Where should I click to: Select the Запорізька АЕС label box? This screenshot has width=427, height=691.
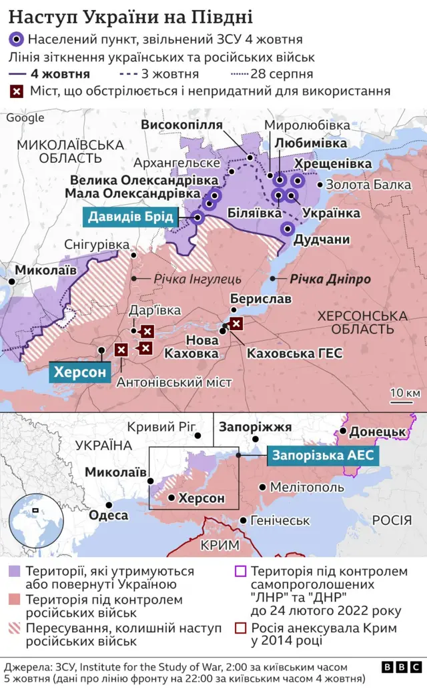(x=324, y=456)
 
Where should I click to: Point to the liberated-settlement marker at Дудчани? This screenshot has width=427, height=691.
(x=288, y=229)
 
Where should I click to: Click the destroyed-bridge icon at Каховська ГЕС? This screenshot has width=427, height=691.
(x=236, y=324)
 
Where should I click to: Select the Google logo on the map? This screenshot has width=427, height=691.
(x=25, y=118)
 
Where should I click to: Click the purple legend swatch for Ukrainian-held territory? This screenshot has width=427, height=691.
(x=14, y=572)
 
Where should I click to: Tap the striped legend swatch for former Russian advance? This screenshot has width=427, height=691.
(x=14, y=628)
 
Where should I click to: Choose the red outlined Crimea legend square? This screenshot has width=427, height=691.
(x=240, y=628)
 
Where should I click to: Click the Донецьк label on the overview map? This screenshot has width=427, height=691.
(x=378, y=432)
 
